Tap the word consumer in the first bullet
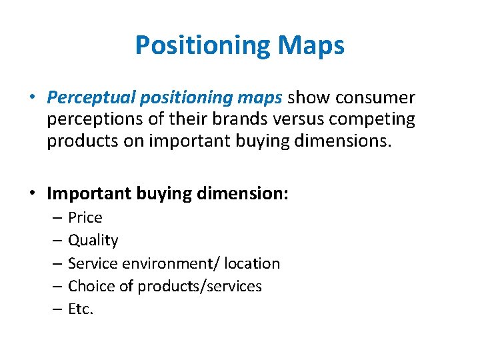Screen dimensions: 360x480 [375, 99]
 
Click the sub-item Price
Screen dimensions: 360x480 [85, 217]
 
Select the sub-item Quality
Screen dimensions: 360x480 [93, 240]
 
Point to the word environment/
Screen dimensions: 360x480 [167, 263]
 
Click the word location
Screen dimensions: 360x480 [252, 263]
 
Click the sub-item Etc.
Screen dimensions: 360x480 [81, 309]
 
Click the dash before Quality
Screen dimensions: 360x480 [57, 241]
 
